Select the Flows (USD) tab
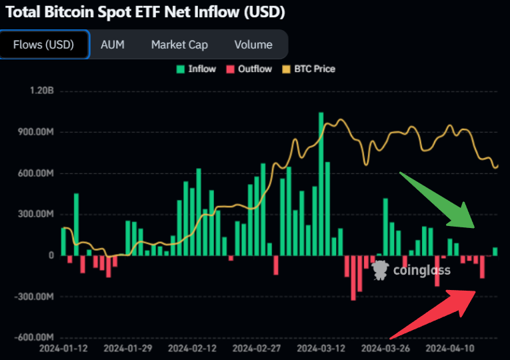tap(44, 45)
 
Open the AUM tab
tap(112, 45)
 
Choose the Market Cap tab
tap(179, 45)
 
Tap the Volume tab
tap(253, 45)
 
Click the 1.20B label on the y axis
tap(40, 91)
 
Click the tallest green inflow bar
tap(321, 183)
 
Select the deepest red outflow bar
tap(353, 277)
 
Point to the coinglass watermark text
tap(421, 271)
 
